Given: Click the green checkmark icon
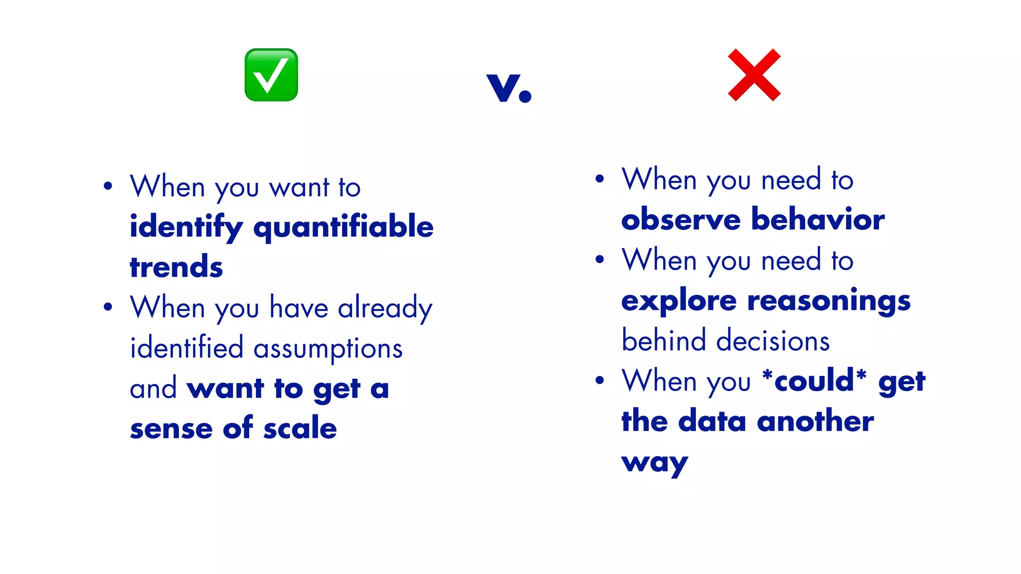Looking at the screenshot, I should click(271, 75).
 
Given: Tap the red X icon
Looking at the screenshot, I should click(754, 75).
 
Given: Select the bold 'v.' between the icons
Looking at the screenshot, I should click(509, 88).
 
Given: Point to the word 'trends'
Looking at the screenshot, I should click(176, 267).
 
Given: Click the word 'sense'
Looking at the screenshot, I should click(171, 429).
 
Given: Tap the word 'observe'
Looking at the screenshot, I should click(681, 220).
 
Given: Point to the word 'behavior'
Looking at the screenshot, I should click(818, 220).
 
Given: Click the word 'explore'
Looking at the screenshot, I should click(679, 301).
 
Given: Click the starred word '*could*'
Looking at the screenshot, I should click(815, 381).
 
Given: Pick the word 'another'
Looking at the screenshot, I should click(815, 422).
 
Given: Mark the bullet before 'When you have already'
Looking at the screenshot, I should click(108, 306).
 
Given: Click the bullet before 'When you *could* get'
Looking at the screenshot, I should click(600, 380).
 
